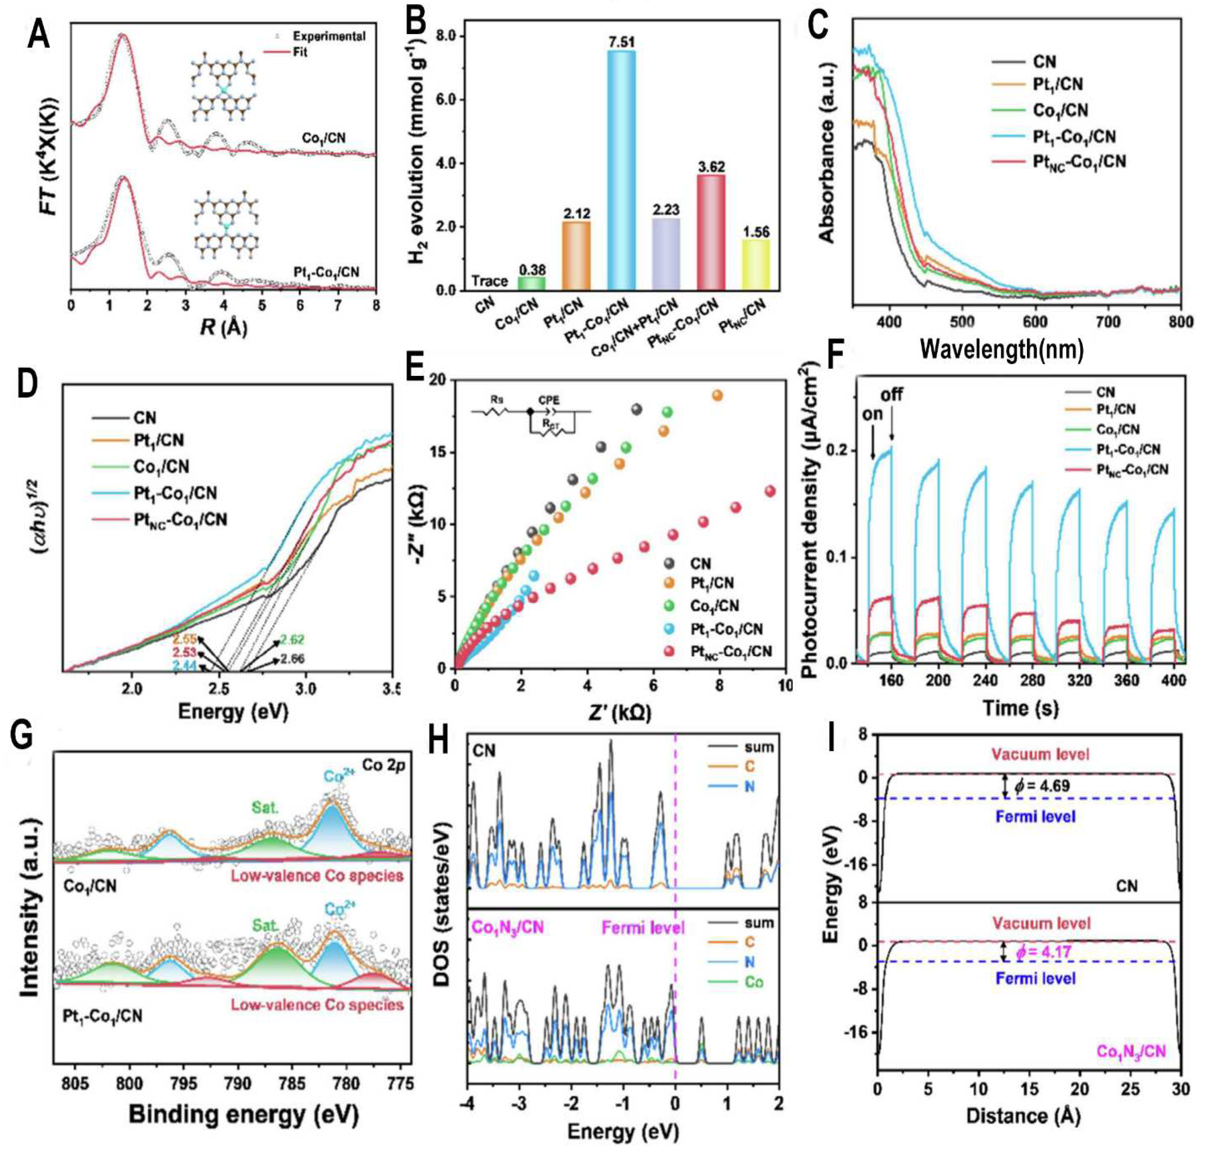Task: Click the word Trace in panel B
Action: (x=489, y=281)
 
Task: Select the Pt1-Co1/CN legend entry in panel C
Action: (x=1074, y=136)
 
